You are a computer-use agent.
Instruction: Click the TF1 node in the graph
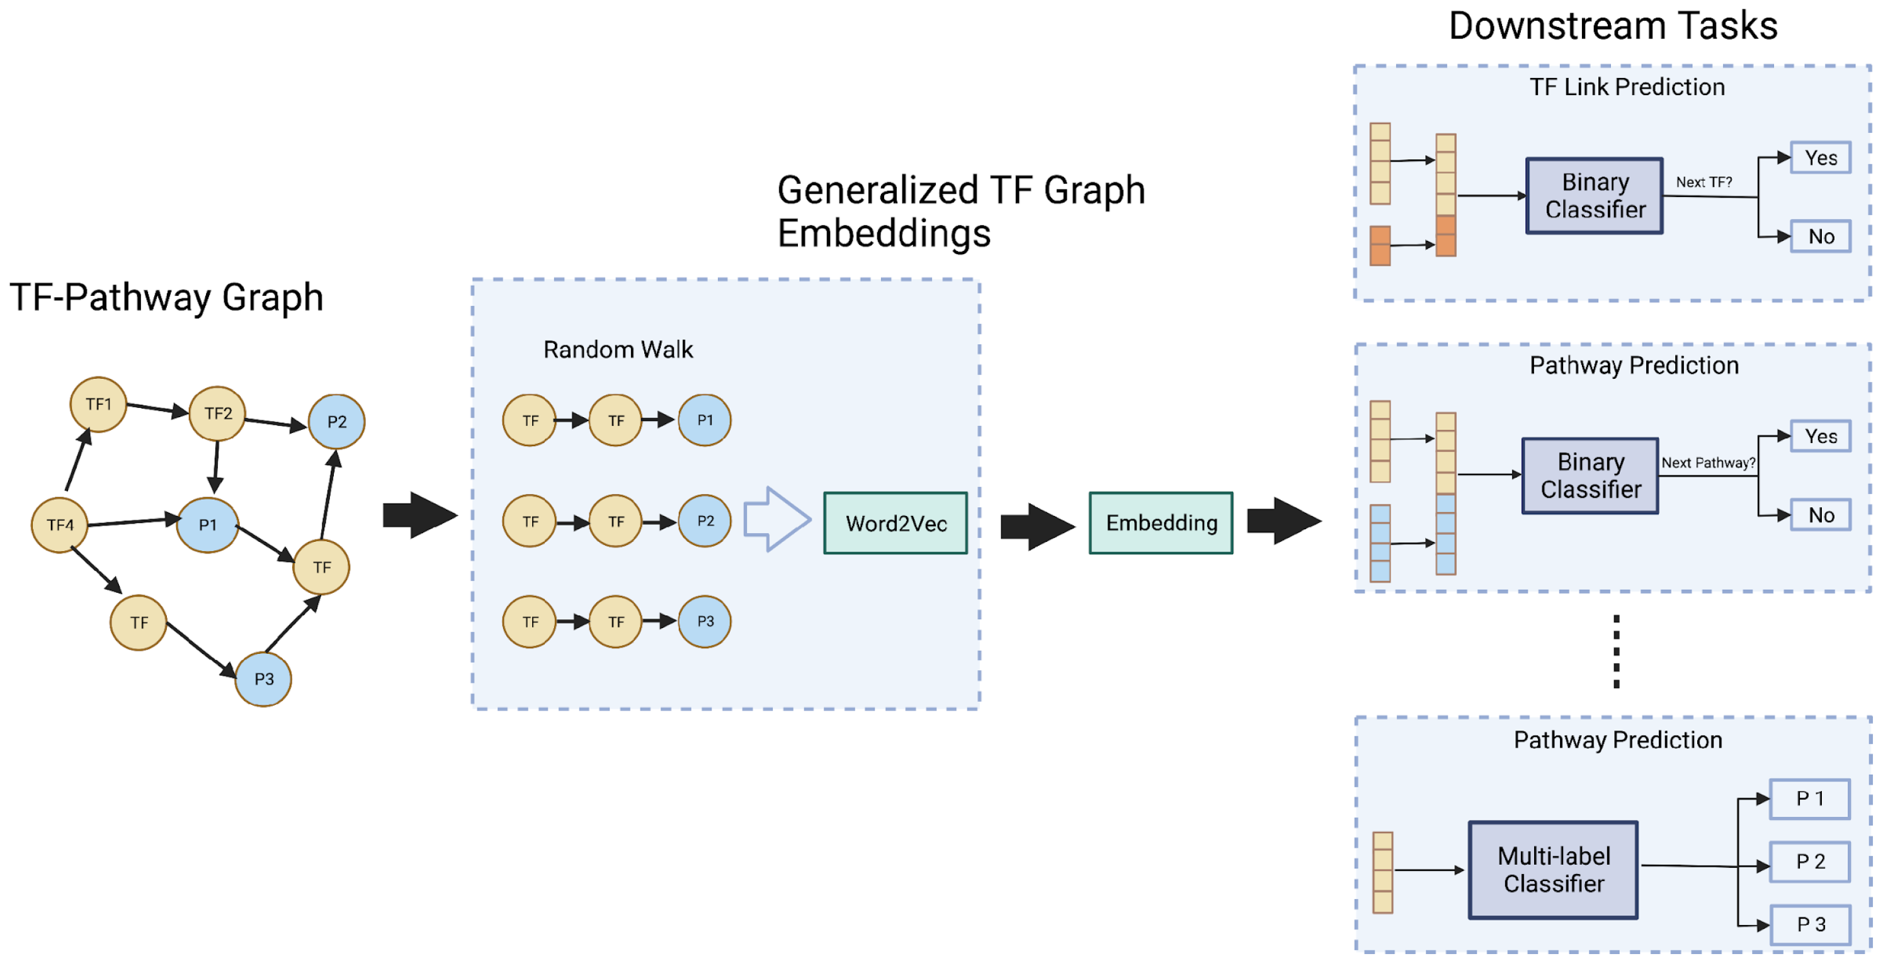click(x=98, y=404)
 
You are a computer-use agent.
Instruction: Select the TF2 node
click(x=218, y=413)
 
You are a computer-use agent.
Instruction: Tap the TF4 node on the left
click(x=60, y=525)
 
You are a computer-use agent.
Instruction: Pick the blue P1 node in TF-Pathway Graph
click(x=208, y=525)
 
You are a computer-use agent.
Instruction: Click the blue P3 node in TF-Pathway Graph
click(x=264, y=679)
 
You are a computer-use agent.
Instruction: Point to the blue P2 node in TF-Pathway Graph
click(x=336, y=422)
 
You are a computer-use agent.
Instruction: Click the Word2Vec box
click(x=896, y=523)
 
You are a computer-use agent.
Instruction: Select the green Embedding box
click(x=1161, y=523)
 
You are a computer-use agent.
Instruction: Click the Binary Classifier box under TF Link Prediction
click(x=1595, y=196)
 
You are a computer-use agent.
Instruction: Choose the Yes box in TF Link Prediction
click(x=1820, y=158)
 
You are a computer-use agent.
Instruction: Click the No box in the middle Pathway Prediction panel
click(x=1820, y=515)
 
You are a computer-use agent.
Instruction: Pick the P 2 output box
click(x=1810, y=862)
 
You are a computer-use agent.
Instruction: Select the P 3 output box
click(x=1810, y=924)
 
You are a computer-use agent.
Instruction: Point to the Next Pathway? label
click(x=1707, y=463)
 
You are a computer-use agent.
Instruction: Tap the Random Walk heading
click(x=618, y=349)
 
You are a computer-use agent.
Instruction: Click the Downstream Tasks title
click(x=1613, y=26)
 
